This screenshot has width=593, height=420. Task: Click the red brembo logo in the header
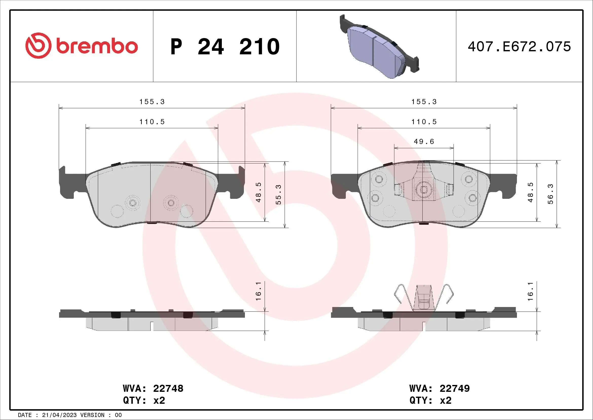click(x=82, y=46)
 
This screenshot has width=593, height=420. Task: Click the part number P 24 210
click(x=225, y=47)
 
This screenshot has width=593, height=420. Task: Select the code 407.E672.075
click(x=519, y=47)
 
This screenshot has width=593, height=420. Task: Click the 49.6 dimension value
click(x=424, y=142)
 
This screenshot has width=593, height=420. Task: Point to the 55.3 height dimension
click(x=278, y=195)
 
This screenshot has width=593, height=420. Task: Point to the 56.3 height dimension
click(x=550, y=194)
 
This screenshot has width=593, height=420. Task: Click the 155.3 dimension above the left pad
click(x=152, y=102)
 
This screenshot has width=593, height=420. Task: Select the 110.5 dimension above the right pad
click(x=424, y=122)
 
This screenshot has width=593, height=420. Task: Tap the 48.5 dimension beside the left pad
click(x=259, y=192)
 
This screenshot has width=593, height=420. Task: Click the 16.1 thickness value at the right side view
click(x=530, y=291)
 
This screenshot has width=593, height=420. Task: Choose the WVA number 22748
click(x=168, y=389)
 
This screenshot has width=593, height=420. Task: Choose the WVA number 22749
click(x=455, y=389)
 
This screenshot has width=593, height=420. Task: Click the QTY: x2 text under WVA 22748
click(x=144, y=400)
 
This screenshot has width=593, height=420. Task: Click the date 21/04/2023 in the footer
click(x=59, y=415)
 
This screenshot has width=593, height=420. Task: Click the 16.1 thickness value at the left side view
click(x=259, y=291)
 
